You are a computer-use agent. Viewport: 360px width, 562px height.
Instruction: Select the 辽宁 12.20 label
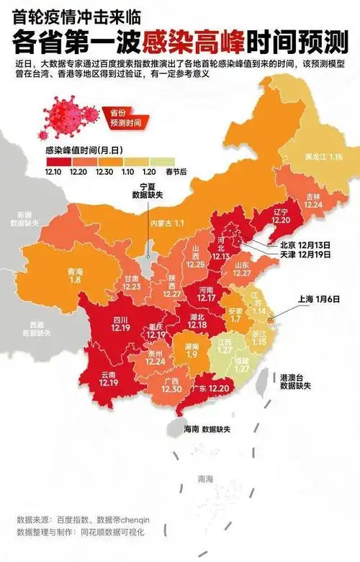click(x=281, y=216)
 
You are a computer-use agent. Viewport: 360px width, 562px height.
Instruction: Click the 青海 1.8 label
click(x=74, y=276)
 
